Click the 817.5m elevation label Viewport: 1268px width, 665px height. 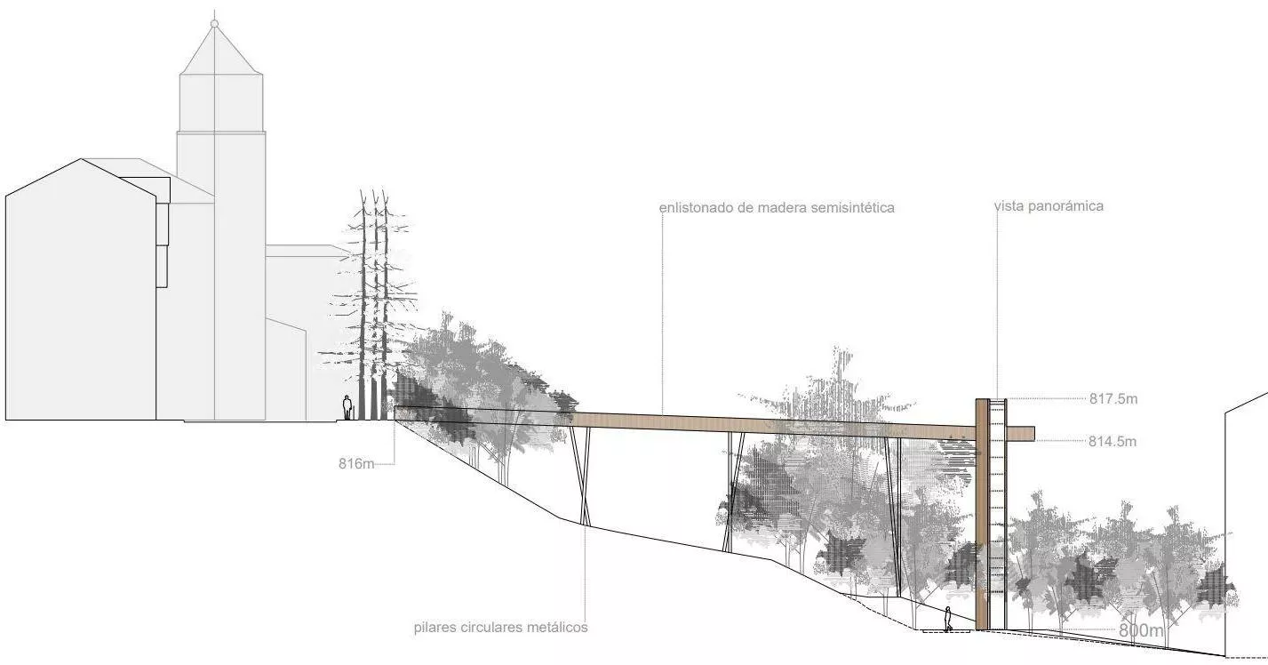click(1112, 399)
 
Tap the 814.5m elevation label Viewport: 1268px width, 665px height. click(1112, 441)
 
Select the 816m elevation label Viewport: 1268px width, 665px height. click(356, 463)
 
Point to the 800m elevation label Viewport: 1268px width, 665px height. click(1141, 629)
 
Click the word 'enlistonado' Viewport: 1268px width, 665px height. click(696, 208)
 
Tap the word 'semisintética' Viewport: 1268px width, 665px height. click(852, 208)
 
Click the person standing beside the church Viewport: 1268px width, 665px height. click(347, 408)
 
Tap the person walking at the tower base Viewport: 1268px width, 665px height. click(947, 619)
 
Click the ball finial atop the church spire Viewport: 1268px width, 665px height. click(214, 23)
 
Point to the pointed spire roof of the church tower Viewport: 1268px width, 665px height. click(221, 50)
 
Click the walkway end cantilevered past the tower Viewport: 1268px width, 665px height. click(1021, 433)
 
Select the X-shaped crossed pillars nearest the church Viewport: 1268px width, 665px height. click(581, 476)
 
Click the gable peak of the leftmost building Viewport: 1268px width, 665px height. click(82, 159)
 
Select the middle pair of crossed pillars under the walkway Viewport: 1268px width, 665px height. click(734, 492)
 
